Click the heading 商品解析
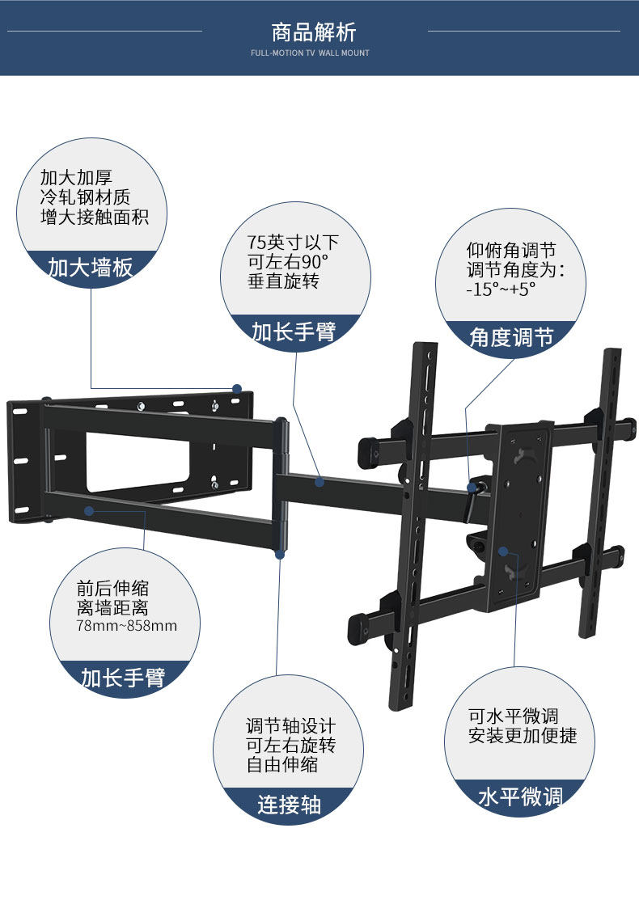point(314,32)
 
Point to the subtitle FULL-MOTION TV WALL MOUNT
point(310,53)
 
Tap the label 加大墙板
point(91,267)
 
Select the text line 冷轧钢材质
point(86,197)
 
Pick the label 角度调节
point(511,336)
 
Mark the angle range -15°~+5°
point(501,289)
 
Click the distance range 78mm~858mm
point(127,626)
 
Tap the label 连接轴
point(290,804)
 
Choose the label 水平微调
point(520,797)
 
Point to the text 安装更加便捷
point(523,736)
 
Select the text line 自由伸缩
point(282,764)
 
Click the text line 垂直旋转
point(283,281)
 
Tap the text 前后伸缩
point(113,589)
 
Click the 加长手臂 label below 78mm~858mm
point(123,677)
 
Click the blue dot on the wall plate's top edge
point(237,389)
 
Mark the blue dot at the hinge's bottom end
point(280,554)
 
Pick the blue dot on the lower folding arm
point(90,510)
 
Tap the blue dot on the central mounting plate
point(503,551)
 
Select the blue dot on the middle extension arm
point(319,482)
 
